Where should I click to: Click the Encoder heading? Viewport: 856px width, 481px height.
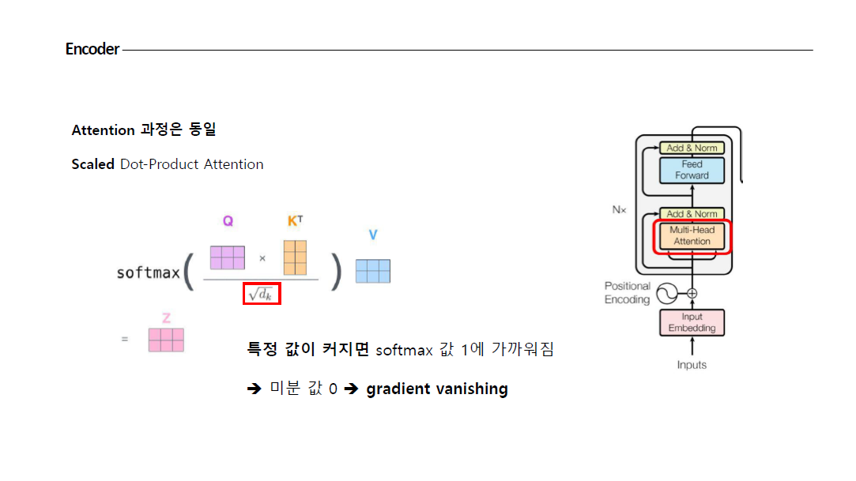92,49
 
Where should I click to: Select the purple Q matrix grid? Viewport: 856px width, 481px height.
228,257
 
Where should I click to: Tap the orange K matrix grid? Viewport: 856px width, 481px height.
294,257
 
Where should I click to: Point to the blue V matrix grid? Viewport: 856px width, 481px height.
373,271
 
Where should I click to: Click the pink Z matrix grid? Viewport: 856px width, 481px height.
166,340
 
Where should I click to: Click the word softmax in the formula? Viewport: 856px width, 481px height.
148,273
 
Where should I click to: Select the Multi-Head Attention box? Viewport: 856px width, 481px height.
692,236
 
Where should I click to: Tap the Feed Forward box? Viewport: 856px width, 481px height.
692,170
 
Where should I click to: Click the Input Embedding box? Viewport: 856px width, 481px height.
692,322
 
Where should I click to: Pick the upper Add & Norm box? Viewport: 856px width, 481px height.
692,148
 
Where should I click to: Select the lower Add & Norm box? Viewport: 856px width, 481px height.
692,214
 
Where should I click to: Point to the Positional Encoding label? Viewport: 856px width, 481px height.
628,293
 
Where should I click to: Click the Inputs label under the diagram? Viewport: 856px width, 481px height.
692,365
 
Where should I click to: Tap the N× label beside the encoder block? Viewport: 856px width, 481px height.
620,211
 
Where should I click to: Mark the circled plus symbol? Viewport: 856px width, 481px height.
692,294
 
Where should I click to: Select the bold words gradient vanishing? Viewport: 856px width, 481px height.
437,389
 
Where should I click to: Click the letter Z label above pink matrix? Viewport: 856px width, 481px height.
166,318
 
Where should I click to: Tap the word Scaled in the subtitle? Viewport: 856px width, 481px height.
92,164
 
